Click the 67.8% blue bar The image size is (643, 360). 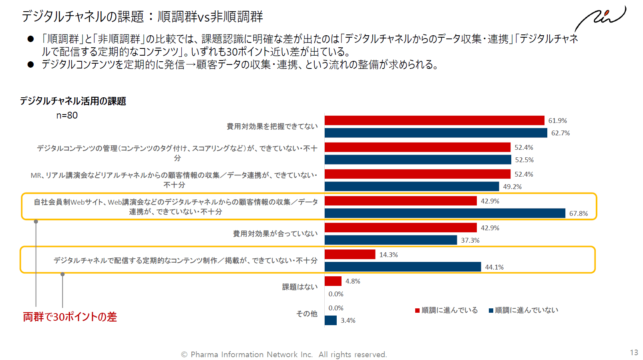(x=444, y=213)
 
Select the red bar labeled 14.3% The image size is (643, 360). (x=350, y=254)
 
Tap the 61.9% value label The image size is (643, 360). (x=557, y=121)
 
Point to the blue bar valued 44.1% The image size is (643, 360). (x=402, y=267)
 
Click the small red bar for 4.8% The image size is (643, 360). (x=333, y=281)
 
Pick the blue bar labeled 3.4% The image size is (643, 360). (x=330, y=320)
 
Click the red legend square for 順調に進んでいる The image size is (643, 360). (x=417, y=310)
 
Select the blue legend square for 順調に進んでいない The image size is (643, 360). (x=491, y=310)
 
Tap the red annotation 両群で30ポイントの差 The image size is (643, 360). (x=70, y=317)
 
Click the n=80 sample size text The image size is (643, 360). (x=67, y=115)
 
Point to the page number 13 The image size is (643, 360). (x=634, y=352)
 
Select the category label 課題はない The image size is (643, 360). (x=299, y=287)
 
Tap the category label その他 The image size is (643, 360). (x=306, y=314)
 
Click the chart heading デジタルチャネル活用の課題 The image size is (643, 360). (x=73, y=101)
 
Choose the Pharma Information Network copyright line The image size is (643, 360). (x=284, y=354)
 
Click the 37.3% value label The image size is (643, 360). (x=470, y=240)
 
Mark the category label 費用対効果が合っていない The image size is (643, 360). (x=275, y=233)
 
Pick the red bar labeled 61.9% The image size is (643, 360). (x=434, y=121)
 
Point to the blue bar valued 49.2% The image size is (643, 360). (x=412, y=186)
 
